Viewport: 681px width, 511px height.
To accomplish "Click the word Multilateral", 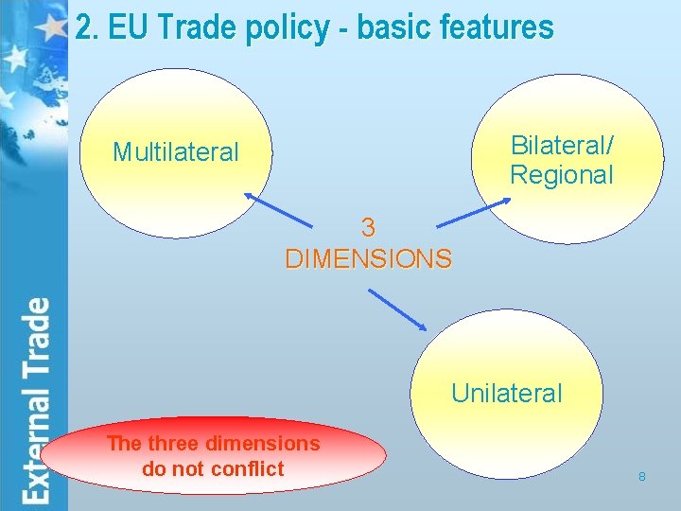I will (x=176, y=152).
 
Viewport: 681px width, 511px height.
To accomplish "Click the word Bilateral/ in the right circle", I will (x=562, y=146).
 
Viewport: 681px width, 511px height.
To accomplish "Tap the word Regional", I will (x=562, y=175).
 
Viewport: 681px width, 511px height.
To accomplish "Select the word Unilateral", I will (x=507, y=393).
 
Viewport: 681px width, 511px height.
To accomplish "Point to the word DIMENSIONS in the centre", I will (x=369, y=258).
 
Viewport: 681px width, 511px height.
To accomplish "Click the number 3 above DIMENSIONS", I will (x=369, y=228).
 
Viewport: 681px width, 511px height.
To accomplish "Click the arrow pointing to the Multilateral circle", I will (x=281, y=209).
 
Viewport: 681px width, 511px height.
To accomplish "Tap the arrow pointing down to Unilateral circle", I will (x=397, y=309).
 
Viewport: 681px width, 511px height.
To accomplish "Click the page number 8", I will (x=642, y=477).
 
